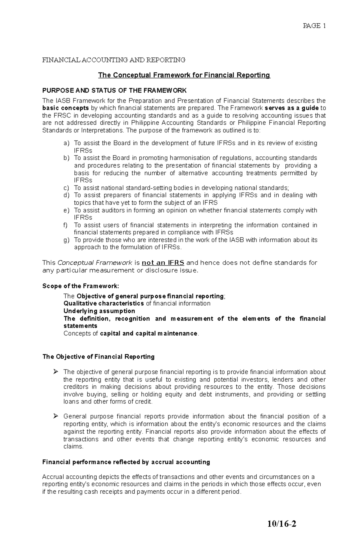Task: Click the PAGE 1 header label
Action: coord(314,26)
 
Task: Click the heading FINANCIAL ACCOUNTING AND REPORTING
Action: coord(114,60)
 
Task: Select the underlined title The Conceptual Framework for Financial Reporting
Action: coord(184,75)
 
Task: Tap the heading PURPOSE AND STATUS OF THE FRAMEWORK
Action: coord(114,91)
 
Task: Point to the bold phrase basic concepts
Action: coord(65,108)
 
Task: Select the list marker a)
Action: coord(66,143)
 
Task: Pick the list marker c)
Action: coord(66,188)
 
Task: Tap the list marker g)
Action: coord(66,240)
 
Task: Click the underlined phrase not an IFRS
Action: coord(163,263)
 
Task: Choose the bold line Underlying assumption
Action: coord(99,311)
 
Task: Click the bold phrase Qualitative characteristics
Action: coord(104,304)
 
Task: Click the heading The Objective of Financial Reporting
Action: coord(98,357)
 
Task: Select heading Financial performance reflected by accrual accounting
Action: coord(126,462)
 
